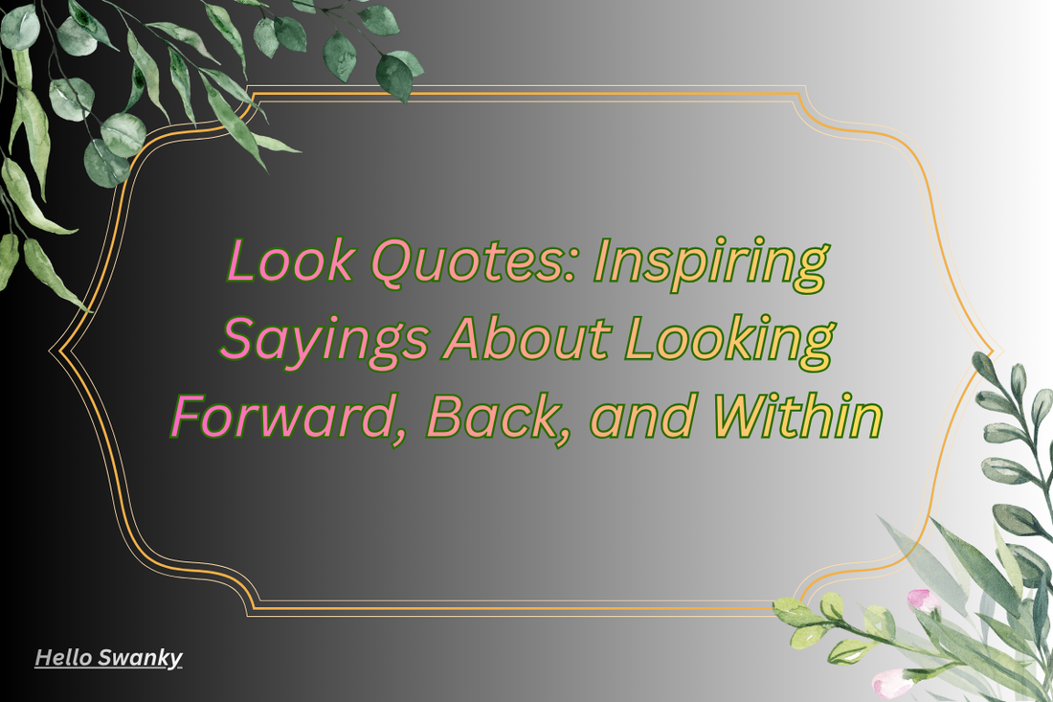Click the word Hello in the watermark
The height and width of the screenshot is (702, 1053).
[x=64, y=658]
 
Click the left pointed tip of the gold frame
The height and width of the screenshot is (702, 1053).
[x=52, y=350]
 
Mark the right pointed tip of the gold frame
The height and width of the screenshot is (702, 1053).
[x=995, y=350]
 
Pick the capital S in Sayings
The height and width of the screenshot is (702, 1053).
[x=239, y=339]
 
